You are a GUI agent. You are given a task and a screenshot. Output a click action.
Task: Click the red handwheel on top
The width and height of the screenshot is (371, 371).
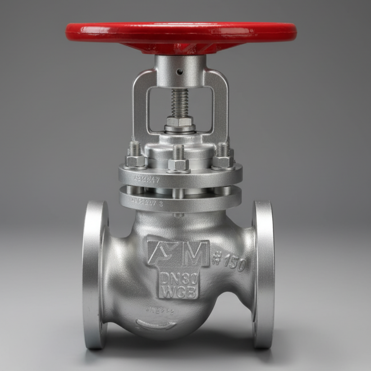click(180, 34)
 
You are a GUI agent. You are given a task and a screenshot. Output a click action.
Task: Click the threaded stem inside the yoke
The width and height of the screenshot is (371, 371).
click(179, 102)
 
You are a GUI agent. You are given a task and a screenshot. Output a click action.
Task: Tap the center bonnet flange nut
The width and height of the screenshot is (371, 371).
click(179, 163)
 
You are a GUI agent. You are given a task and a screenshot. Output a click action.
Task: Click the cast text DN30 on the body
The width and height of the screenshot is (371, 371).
click(179, 279)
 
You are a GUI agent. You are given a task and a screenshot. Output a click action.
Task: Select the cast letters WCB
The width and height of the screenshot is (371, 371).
click(179, 292)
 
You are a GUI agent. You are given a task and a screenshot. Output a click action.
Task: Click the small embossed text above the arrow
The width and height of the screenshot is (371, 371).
click(160, 311)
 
